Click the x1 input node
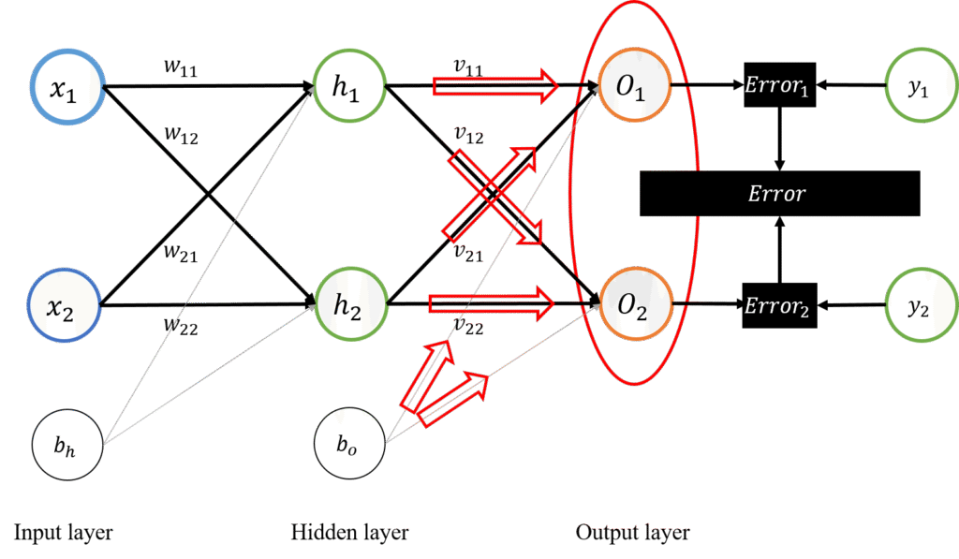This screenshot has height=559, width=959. click(67, 90)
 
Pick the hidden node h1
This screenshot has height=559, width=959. click(349, 86)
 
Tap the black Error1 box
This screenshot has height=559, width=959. click(779, 87)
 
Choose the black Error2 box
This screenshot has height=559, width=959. click(779, 305)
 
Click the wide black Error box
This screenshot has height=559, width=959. click(779, 194)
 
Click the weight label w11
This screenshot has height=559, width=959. click(179, 69)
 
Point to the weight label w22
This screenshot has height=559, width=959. click(179, 326)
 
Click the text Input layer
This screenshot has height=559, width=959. click(63, 533)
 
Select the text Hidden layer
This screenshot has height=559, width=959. click(349, 533)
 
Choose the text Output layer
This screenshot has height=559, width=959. click(632, 533)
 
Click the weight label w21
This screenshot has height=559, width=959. click(179, 252)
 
